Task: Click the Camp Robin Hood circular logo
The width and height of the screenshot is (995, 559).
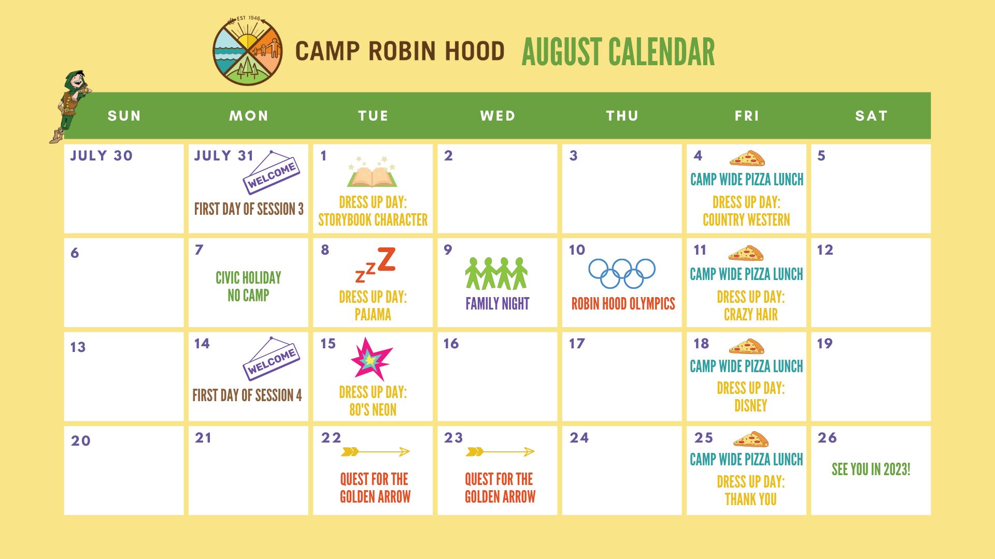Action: (248, 51)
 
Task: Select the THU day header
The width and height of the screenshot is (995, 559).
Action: (622, 116)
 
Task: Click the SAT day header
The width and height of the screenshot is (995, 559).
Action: (871, 116)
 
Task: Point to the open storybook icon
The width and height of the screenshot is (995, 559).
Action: (372, 173)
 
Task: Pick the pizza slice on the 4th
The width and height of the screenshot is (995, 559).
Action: (747, 158)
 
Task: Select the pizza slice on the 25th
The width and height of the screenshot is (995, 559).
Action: (750, 439)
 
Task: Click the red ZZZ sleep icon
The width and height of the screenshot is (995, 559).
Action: (376, 264)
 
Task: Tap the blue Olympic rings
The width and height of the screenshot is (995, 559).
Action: (622, 273)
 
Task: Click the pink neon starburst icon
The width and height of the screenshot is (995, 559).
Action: (371, 359)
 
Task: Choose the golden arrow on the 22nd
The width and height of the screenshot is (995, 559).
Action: (375, 452)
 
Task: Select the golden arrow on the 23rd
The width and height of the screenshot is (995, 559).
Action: (500, 452)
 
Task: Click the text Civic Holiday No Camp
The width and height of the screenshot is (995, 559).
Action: (248, 286)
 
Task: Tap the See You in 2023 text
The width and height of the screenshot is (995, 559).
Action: (871, 469)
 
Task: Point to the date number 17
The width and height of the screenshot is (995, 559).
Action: (577, 344)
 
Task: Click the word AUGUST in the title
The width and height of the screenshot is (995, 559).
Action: (562, 52)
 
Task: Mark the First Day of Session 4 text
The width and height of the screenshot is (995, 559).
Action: (247, 395)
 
